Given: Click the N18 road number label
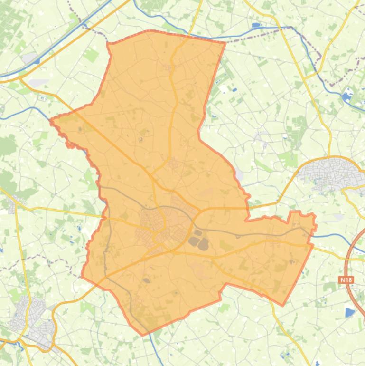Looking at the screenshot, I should tap(346, 280).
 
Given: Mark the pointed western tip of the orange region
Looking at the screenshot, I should tap(51, 120).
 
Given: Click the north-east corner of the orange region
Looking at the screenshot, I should tap(225, 43).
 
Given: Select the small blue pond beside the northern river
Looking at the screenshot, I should tap(256, 25).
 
